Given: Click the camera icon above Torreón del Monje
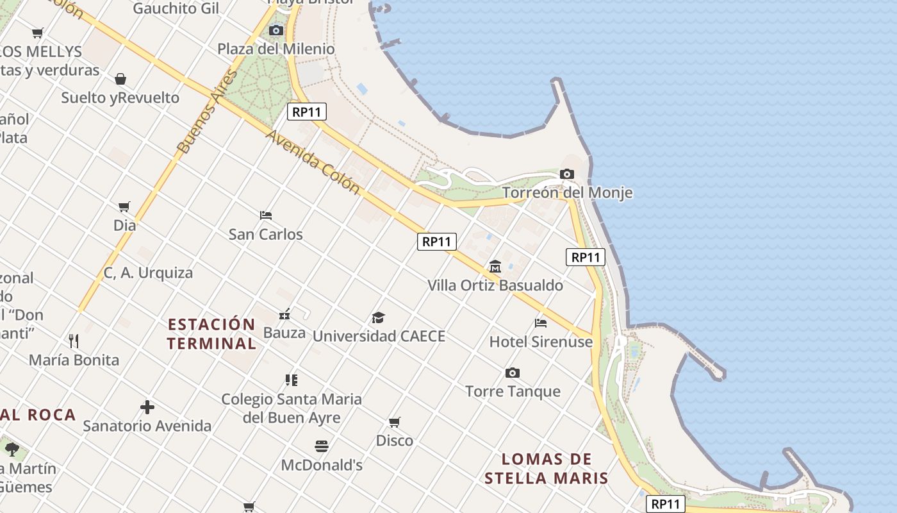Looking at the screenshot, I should (x=566, y=174).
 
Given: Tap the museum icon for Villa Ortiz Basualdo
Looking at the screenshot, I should (x=495, y=266).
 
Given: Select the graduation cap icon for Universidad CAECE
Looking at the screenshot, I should (x=378, y=317).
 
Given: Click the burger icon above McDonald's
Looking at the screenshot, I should (x=322, y=446).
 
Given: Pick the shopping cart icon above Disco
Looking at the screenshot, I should (x=395, y=422).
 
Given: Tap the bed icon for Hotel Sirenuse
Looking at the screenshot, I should (x=541, y=323).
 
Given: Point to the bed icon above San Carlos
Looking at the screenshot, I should (x=266, y=215).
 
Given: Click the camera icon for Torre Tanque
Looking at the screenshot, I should (x=512, y=373).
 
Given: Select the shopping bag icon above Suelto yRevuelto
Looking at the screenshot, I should (x=120, y=79).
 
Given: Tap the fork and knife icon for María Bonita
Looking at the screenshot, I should (x=74, y=341).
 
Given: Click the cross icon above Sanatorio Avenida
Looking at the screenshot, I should (x=147, y=407).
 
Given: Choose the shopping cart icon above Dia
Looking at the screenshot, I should (x=124, y=206).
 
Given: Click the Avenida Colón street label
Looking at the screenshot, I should (x=312, y=162).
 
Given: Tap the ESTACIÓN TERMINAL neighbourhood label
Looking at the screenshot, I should (x=211, y=333).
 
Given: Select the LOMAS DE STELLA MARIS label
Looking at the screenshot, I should (x=546, y=469).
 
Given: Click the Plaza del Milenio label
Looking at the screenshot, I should (x=276, y=49).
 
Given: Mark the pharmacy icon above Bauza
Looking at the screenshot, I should (x=285, y=314).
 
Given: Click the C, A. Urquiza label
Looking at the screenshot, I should (x=148, y=273).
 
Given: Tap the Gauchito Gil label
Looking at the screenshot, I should (x=176, y=8).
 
